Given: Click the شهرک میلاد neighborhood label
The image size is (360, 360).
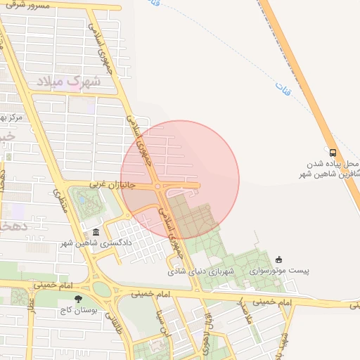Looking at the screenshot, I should coord(68,81).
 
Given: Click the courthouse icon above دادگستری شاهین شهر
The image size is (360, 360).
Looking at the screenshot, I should coord(96,233).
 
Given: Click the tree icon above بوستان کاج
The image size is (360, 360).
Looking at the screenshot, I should coord(78,300).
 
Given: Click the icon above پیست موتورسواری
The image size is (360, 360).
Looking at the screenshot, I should coord(279,259).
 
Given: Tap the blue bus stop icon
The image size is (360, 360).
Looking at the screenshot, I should coord(333,152).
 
